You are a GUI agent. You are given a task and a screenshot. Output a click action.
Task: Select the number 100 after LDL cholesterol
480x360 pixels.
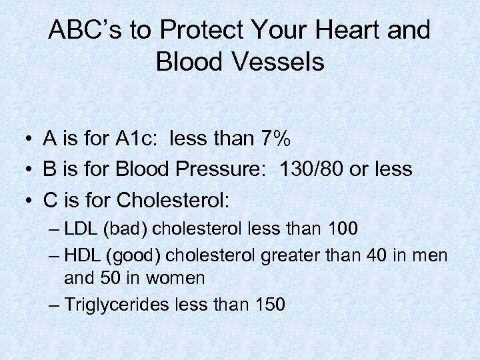pos(343,229)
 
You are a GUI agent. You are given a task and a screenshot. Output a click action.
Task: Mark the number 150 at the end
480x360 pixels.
pos(270,305)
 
